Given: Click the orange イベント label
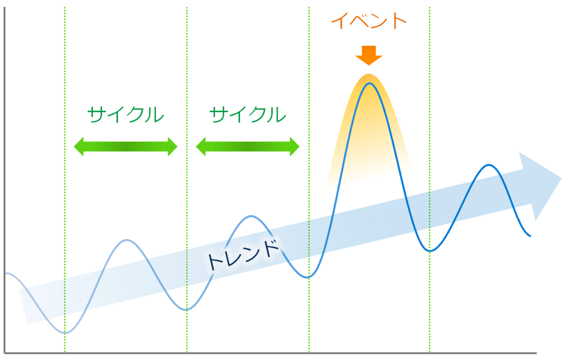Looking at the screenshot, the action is point(369,21).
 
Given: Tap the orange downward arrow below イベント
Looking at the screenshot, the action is point(369,55).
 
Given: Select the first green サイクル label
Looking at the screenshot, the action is point(125,114).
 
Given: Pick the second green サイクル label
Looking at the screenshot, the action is point(248,114).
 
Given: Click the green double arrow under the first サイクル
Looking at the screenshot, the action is point(126,147).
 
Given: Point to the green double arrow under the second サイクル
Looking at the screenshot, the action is point(248,147).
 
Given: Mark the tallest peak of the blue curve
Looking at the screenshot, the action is point(370,84).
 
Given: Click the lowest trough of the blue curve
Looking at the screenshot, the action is point(65,333).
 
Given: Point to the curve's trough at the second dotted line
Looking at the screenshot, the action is point(187,309).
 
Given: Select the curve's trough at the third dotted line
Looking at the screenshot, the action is point(308,277).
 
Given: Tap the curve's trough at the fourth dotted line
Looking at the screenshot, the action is point(430,251).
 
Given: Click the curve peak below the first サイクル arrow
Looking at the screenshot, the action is point(127,240).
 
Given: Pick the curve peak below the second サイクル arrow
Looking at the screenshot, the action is point(251,217).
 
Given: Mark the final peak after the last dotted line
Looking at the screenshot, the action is point(489,165).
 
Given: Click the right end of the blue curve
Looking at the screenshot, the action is point(530,236).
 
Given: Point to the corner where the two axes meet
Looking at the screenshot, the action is point(4,353).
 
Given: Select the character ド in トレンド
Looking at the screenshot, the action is point(271,248).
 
